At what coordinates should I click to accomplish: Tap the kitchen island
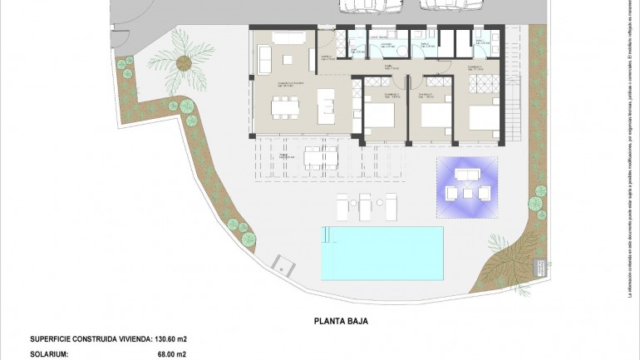tap(327, 105)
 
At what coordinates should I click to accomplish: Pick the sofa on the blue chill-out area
tap(468, 175)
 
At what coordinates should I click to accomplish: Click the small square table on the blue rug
tap(468, 193)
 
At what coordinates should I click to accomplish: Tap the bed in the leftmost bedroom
tap(381, 113)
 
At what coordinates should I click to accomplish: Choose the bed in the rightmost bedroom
tap(485, 116)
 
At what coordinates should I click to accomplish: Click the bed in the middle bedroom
tap(433, 114)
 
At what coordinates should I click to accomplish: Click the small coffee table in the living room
tap(287, 59)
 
